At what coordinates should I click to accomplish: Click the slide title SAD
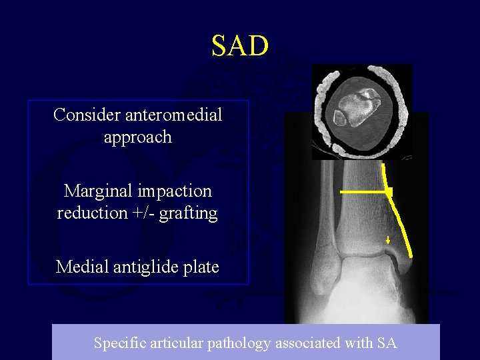pyautogui.click(x=240, y=46)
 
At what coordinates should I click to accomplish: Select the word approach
pyautogui.click(x=138, y=137)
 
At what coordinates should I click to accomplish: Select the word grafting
pyautogui.click(x=191, y=214)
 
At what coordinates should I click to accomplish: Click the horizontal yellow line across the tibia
pyautogui.click(x=363, y=192)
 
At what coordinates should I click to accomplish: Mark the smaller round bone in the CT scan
pyautogui.click(x=340, y=118)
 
